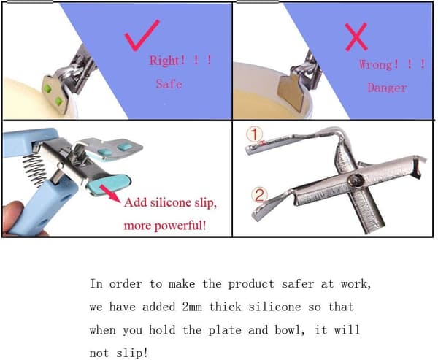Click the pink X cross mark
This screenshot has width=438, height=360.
pyautogui.click(x=356, y=37)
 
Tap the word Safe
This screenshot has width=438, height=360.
pyautogui.click(x=169, y=84)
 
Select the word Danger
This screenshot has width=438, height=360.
pyautogui.click(x=387, y=88)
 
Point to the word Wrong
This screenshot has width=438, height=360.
pyautogui.click(x=376, y=64)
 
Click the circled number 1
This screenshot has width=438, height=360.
pyautogui.click(x=255, y=134)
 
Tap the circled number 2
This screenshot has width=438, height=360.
pyautogui.click(x=259, y=195)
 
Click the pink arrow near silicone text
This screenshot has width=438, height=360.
pyautogui.click(x=110, y=193)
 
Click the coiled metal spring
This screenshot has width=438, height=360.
pyautogui.click(x=35, y=169)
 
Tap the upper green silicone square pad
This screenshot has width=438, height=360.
pyautogui.click(x=47, y=89)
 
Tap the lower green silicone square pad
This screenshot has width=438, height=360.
pyautogui.click(x=59, y=102)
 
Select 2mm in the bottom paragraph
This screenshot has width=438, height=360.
pyautogui.click(x=192, y=307)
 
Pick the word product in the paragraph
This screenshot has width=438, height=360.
pyautogui.click(x=251, y=284)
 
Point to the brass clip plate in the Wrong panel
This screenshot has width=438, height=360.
pyautogui.click(x=291, y=90)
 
